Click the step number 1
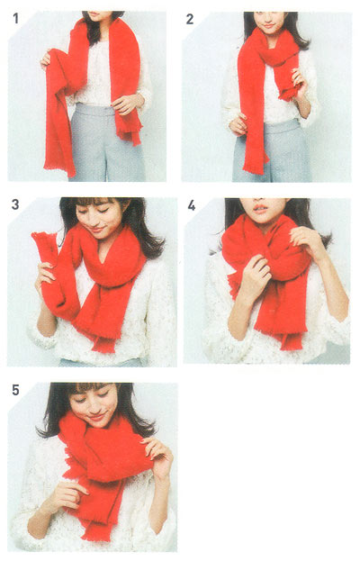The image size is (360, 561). tap(15, 19)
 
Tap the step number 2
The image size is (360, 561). tap(190, 19)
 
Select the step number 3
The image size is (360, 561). tap(15, 204)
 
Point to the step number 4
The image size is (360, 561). tap(192, 205)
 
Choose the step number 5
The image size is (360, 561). tap(15, 390)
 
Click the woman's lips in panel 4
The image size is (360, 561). tap(260, 209)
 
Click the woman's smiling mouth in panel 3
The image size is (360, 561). tap(97, 230)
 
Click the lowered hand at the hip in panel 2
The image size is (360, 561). tap(238, 124)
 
